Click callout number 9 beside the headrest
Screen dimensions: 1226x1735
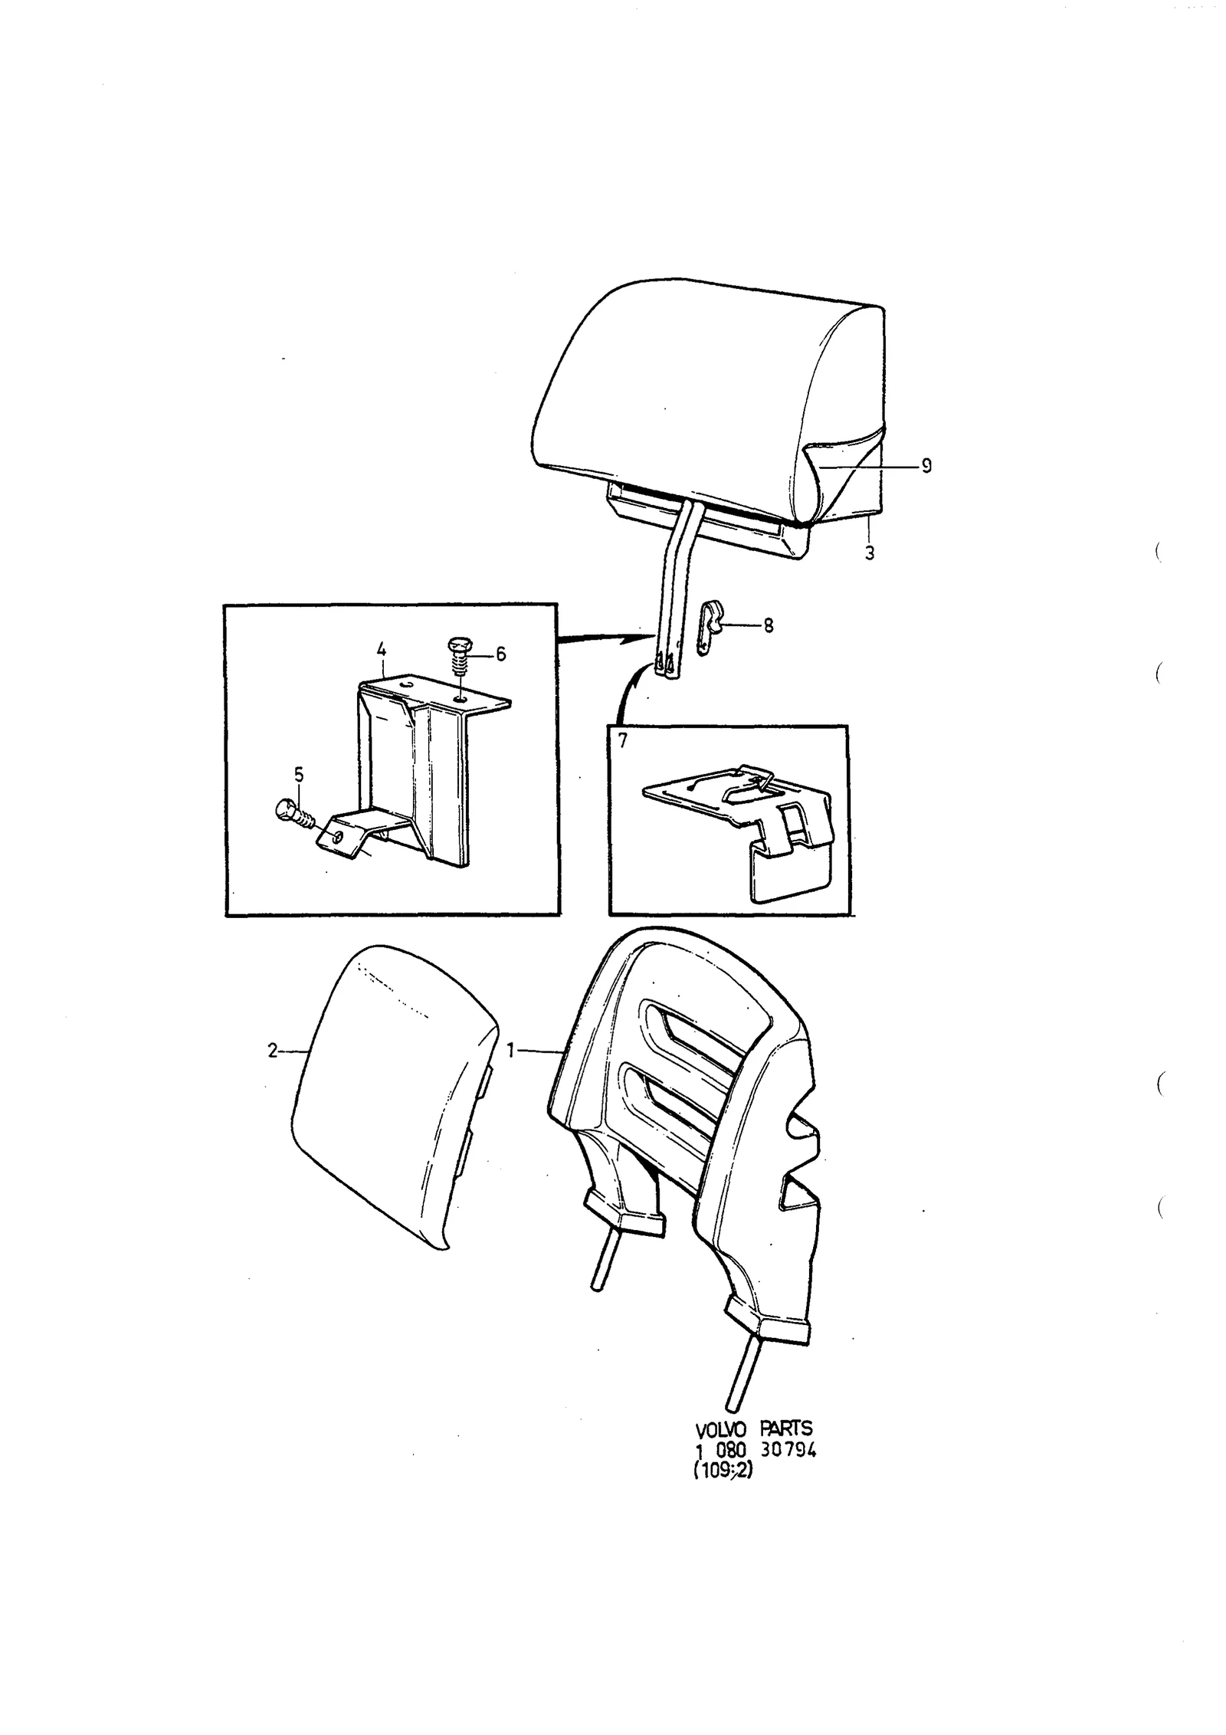point(926,466)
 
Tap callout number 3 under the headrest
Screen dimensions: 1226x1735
point(870,553)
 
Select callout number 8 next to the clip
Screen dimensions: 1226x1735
point(768,626)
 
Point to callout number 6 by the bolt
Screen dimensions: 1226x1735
point(500,654)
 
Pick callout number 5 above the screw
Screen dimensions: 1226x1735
point(299,775)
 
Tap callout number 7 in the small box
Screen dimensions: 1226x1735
point(622,740)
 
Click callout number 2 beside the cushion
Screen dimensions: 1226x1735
point(272,1051)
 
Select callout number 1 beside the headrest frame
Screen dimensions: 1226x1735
point(511,1051)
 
